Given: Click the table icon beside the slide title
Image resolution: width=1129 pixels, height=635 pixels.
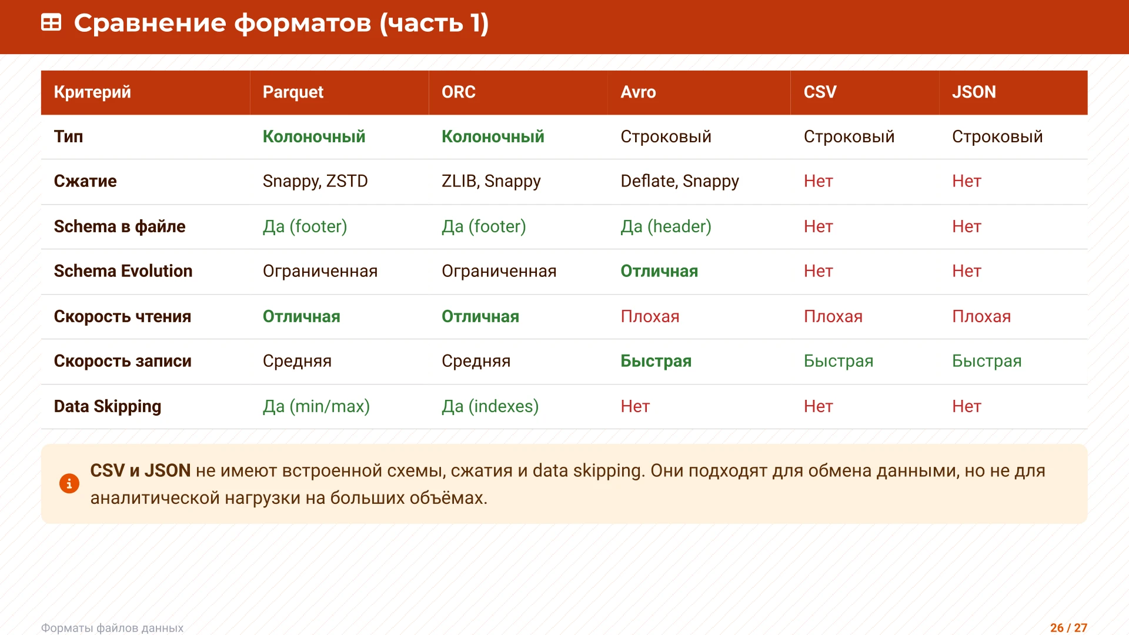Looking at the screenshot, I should pyautogui.click(x=51, y=23).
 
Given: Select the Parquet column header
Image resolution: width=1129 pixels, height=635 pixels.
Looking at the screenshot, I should pyautogui.click(x=293, y=92).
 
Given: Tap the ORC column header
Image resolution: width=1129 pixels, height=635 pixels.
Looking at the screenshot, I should pyautogui.click(x=458, y=92).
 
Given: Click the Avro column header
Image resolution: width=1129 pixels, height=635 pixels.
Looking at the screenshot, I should pyautogui.click(x=638, y=92).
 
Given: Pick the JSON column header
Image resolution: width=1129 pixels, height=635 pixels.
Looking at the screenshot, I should pyautogui.click(x=974, y=92).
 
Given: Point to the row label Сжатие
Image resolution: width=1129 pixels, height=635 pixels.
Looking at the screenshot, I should pyautogui.click(x=85, y=181).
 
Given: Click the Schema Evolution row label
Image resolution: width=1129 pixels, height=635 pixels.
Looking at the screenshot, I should pyautogui.click(x=123, y=271).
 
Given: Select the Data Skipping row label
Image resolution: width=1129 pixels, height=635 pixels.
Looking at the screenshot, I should pyautogui.click(x=108, y=406).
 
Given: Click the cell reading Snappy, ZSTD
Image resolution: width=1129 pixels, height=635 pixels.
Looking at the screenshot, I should pyautogui.click(x=315, y=181).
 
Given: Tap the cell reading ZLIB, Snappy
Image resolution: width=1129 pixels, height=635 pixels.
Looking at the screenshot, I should pyautogui.click(x=491, y=181).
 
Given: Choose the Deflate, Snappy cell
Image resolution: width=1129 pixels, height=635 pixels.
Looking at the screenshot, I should pyautogui.click(x=680, y=181).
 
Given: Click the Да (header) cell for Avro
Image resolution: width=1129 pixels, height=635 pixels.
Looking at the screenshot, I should pyautogui.click(x=666, y=226).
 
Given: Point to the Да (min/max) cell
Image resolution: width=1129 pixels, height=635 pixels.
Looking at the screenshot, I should pyautogui.click(x=316, y=406).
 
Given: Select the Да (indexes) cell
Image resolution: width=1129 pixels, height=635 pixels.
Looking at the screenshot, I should pyautogui.click(x=490, y=406).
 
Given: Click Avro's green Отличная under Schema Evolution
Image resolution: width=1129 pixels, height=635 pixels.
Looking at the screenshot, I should pyautogui.click(x=659, y=271).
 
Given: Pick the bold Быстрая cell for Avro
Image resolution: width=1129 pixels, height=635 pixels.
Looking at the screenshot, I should pyautogui.click(x=656, y=361).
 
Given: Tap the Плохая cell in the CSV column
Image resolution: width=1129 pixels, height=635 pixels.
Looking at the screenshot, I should pyautogui.click(x=833, y=316).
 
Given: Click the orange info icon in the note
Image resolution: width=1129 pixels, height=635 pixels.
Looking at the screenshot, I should pyautogui.click(x=69, y=483).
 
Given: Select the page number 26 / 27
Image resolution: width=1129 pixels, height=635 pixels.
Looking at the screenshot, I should pyautogui.click(x=1068, y=627).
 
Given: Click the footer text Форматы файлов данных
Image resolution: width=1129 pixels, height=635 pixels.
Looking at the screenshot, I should pyautogui.click(x=112, y=628).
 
